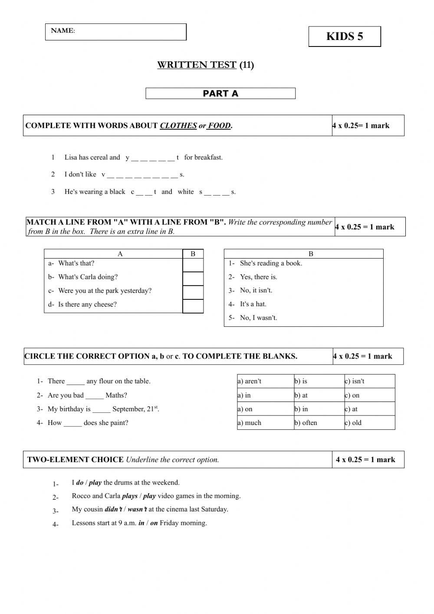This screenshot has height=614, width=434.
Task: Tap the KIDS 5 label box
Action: click(345, 37)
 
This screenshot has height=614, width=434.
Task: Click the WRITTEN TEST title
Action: click(205, 65)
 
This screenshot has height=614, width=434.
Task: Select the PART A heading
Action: click(220, 93)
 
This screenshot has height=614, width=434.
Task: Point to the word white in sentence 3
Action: click(186, 192)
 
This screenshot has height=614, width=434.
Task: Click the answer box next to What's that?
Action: click(193, 265)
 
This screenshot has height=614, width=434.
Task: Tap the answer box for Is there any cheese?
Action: click(193, 306)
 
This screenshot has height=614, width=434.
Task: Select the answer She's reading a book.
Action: click(271, 263)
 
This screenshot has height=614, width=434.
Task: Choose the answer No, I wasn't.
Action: click(258, 318)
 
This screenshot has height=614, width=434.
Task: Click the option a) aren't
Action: click(250, 382)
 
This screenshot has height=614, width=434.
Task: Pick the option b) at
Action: click(301, 395)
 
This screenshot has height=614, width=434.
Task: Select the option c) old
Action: click(353, 423)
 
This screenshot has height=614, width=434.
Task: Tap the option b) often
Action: click(306, 423)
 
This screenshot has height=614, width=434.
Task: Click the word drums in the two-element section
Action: click(124, 482)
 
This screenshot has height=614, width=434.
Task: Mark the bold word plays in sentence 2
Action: click(130, 496)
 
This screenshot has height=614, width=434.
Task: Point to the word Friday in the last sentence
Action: click(169, 523)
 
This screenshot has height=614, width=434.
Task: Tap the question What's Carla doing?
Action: click(88, 277)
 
